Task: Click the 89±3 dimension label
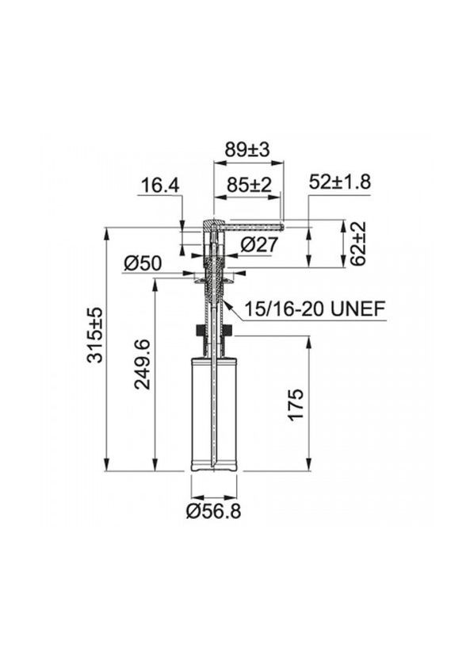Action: click(x=248, y=149)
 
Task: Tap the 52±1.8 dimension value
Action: click(x=339, y=181)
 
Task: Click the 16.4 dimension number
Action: click(x=160, y=186)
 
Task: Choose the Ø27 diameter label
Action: click(x=258, y=245)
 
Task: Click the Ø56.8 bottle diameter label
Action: click(x=214, y=512)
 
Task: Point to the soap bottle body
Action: click(x=214, y=412)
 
